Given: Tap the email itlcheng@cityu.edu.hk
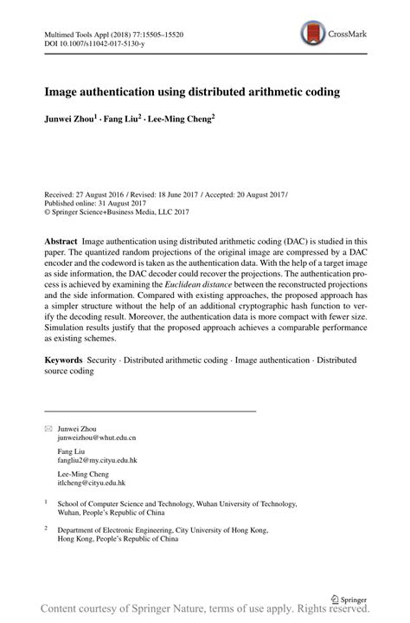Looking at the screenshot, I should (92, 482).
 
